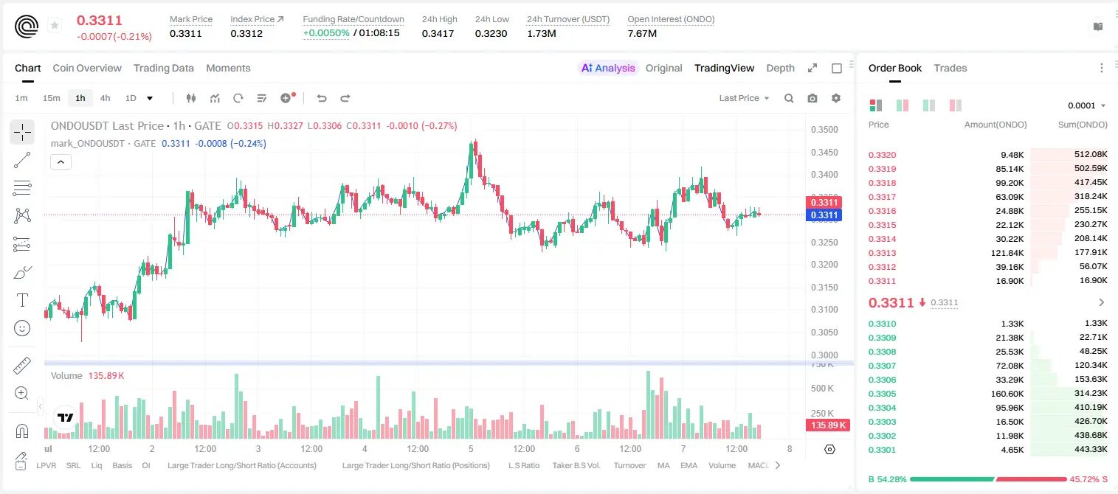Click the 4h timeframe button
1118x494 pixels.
pos(105,98)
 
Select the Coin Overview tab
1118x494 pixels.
pos(87,68)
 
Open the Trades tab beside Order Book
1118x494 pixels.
pos(950,68)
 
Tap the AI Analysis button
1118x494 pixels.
pos(608,68)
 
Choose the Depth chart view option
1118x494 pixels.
pos(780,68)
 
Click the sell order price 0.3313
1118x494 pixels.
pos(882,253)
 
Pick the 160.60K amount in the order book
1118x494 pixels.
pos(1007,394)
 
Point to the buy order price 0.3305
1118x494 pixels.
pos(882,394)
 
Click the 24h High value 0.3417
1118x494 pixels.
pos(438,33)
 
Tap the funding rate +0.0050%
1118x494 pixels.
pos(326,33)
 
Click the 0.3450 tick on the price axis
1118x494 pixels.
pos(824,152)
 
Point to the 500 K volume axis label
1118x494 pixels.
pos(822,388)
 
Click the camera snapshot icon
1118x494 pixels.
pos(812,98)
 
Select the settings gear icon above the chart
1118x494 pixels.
pos(836,98)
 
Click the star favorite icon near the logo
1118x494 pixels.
pos(55,25)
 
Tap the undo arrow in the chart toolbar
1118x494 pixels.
pos(322,98)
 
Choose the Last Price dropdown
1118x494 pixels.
pos(744,98)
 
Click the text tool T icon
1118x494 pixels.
pos(22,300)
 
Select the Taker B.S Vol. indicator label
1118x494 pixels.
pos(576,465)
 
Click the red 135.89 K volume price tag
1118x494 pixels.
pos(827,425)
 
